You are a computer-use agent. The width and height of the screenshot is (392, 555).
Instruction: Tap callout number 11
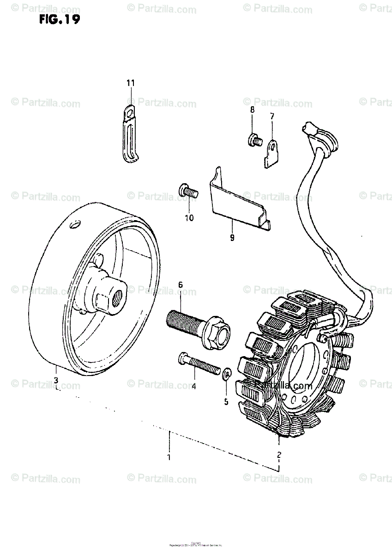pyautogui.click(x=130, y=83)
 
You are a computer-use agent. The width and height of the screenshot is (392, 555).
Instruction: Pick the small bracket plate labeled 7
pyautogui.click(x=273, y=153)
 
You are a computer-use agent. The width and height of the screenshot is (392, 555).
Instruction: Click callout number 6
pyautogui.click(x=181, y=285)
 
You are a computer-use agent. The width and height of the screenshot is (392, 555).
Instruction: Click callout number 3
pyautogui.click(x=56, y=380)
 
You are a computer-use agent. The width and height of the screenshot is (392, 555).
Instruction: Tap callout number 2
pyautogui.click(x=279, y=454)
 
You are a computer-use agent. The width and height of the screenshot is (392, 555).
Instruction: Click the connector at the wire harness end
pyautogui.click(x=310, y=129)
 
